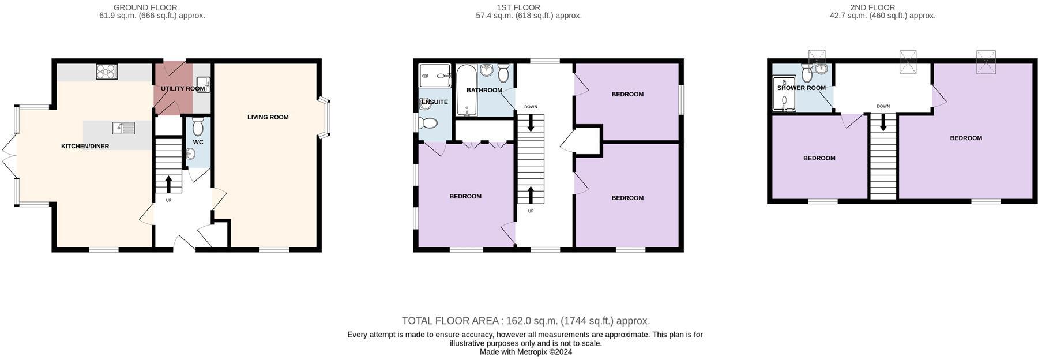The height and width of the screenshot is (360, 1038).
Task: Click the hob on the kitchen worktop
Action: pyautogui.click(x=107, y=72)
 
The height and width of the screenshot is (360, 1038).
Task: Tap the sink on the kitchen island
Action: pyautogui.click(x=123, y=127)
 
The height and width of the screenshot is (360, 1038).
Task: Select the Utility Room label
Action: pyautogui.click(x=183, y=89)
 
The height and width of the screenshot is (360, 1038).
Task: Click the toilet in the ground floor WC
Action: pyautogui.click(x=198, y=126)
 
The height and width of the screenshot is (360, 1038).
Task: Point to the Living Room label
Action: pyautogui.click(x=268, y=117)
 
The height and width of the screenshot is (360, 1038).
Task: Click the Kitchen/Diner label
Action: pyautogui.click(x=85, y=147)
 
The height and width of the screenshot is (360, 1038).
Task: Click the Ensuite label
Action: pyautogui.click(x=434, y=102)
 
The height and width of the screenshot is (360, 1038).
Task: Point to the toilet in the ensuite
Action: pyautogui.click(x=428, y=123)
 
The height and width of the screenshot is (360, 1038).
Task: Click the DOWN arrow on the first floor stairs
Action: pyautogui.click(x=530, y=123)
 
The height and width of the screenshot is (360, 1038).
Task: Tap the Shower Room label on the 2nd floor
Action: pyautogui.click(x=801, y=88)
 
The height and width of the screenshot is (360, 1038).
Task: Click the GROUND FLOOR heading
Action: pyautogui.click(x=145, y=7)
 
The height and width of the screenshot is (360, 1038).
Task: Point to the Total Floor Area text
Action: pyautogui.click(x=525, y=321)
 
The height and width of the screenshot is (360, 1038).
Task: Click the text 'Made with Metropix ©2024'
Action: pyautogui.click(x=525, y=352)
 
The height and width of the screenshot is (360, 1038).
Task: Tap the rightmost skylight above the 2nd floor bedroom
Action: pyautogui.click(x=986, y=61)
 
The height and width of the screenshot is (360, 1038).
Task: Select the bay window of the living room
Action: pyautogui.click(x=326, y=118)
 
